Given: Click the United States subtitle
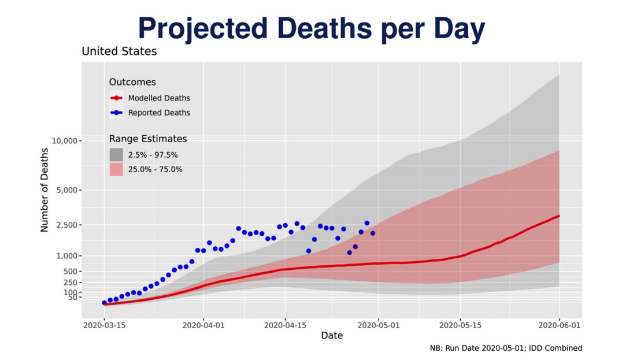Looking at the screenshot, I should click(x=119, y=51).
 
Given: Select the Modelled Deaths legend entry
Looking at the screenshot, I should click(x=159, y=98).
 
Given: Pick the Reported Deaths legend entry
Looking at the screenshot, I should click(x=159, y=113).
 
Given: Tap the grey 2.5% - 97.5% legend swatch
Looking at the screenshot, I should click(x=116, y=155).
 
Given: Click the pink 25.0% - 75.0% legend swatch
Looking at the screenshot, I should click(x=116, y=169).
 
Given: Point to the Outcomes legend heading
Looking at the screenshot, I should click(x=132, y=82).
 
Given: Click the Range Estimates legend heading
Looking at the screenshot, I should click(x=148, y=139).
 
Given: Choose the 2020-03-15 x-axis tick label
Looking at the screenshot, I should click(x=105, y=325).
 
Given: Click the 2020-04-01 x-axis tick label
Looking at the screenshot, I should click(x=203, y=325).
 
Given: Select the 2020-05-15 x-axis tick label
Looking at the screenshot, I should click(x=460, y=325).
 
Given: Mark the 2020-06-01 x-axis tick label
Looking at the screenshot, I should click(x=560, y=325).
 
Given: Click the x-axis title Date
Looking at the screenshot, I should click(x=332, y=335).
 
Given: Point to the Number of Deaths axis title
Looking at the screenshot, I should click(x=45, y=190).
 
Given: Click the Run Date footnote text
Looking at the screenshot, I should click(x=506, y=348).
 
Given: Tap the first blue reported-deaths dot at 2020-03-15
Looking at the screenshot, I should click(x=105, y=303).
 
